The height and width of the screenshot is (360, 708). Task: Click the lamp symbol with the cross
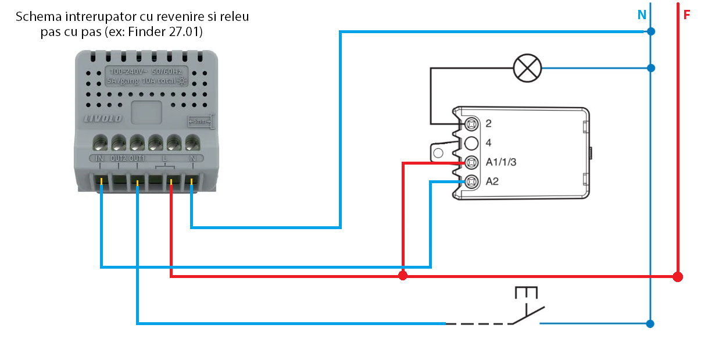[x=527, y=69]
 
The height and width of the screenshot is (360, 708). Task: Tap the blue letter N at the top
[x=642, y=16]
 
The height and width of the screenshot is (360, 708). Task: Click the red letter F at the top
[x=686, y=16]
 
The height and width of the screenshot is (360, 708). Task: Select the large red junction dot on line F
[x=677, y=276]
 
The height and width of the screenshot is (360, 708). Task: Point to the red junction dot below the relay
[x=403, y=275]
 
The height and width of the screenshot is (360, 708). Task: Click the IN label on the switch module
[x=99, y=158]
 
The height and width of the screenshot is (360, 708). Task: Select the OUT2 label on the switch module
[x=118, y=158]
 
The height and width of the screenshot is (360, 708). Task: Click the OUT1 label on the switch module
[x=137, y=158]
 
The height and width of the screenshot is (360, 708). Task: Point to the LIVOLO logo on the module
[x=103, y=119]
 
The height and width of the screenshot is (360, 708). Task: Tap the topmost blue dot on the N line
[x=651, y=31]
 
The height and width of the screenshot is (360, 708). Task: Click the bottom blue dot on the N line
[x=651, y=323]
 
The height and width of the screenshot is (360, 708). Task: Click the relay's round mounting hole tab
[x=438, y=153]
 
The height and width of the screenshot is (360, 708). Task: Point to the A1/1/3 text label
[x=500, y=162]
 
